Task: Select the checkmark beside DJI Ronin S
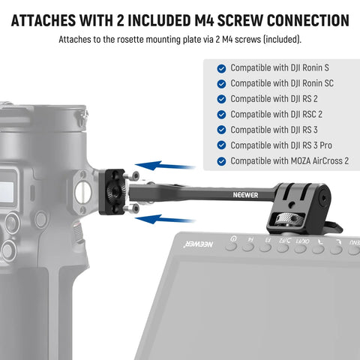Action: click(221, 67)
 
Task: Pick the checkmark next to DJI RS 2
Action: click(221, 99)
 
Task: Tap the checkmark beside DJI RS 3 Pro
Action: click(221, 145)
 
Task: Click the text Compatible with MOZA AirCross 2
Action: click(289, 161)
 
